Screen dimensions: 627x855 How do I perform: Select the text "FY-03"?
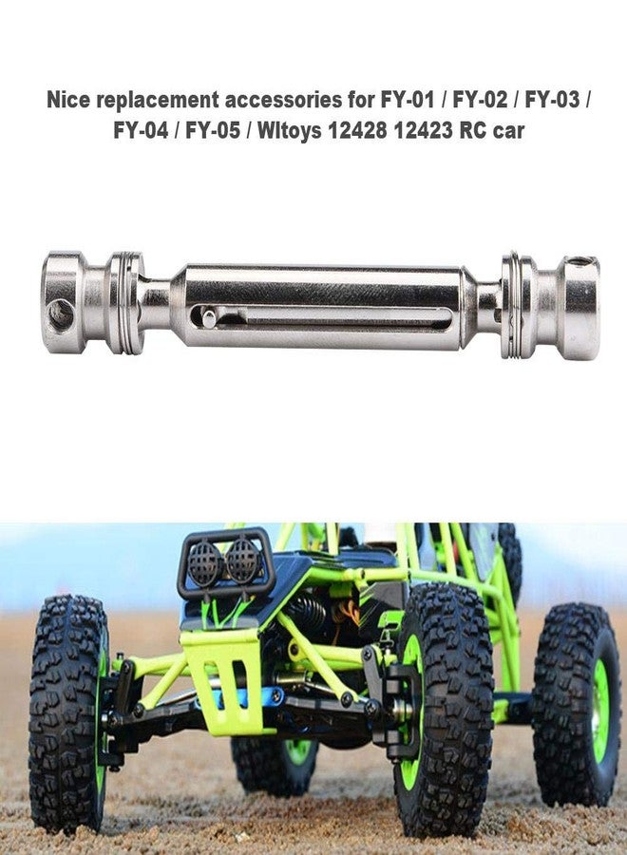click(x=552, y=101)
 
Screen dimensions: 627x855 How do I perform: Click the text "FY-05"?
click(x=212, y=131)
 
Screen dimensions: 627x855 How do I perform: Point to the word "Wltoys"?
click(x=289, y=131)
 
